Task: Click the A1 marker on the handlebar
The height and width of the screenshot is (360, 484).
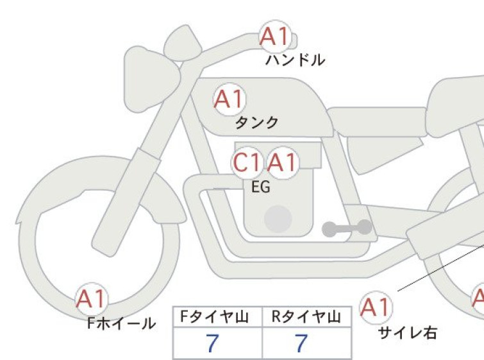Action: (x=276, y=37)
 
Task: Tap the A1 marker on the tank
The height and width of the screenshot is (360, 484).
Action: (x=229, y=99)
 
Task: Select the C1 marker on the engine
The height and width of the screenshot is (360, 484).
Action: (x=247, y=162)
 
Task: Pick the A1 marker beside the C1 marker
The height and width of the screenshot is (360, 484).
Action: (x=283, y=162)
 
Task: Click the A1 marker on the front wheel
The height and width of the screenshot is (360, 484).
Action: (x=92, y=299)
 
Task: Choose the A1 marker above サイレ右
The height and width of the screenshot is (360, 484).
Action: (x=376, y=307)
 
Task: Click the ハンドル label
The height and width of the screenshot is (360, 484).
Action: (x=295, y=60)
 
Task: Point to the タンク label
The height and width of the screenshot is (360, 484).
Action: (x=257, y=123)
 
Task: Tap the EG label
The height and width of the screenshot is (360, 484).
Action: (x=261, y=187)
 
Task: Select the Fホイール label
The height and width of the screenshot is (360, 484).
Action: (x=121, y=323)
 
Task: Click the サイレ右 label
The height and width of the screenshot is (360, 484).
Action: (x=408, y=333)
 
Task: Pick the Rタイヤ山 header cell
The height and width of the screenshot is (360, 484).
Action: (x=306, y=317)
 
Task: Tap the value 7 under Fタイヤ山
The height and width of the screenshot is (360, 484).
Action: (x=212, y=343)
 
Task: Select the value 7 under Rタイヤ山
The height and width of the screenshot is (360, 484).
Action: (x=301, y=343)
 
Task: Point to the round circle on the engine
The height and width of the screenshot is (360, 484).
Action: (x=278, y=219)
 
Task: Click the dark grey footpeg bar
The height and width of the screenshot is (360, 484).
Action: (x=347, y=228)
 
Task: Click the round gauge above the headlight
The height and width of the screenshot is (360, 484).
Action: (x=183, y=43)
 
